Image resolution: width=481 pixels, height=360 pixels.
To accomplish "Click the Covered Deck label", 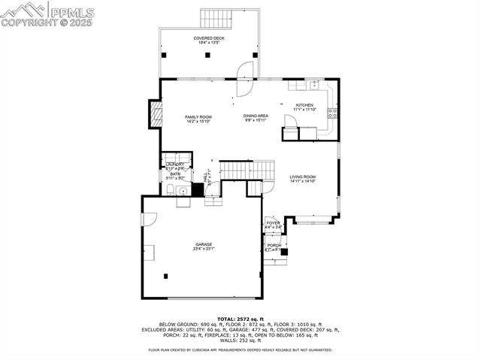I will point(209,40).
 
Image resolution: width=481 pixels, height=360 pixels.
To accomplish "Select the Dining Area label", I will point(256,118).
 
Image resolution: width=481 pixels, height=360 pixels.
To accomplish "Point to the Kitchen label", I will point(304,107).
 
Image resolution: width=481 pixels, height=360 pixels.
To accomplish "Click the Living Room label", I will point(303,179).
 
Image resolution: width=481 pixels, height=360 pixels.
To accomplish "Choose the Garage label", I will point(204,247).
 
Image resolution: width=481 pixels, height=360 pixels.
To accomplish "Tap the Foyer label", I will point(273,225).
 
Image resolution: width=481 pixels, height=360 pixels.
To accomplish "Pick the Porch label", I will point(274,247).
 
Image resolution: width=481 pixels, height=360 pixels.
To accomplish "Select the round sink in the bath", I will point(170,191).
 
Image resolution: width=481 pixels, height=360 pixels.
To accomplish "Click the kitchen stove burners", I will point(332,114).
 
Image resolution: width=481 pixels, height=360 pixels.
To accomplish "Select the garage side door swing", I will point(149,219).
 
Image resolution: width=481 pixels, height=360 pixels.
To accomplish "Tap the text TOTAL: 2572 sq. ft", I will point(240,319).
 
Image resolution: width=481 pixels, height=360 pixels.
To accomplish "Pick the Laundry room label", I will point(175,165).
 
